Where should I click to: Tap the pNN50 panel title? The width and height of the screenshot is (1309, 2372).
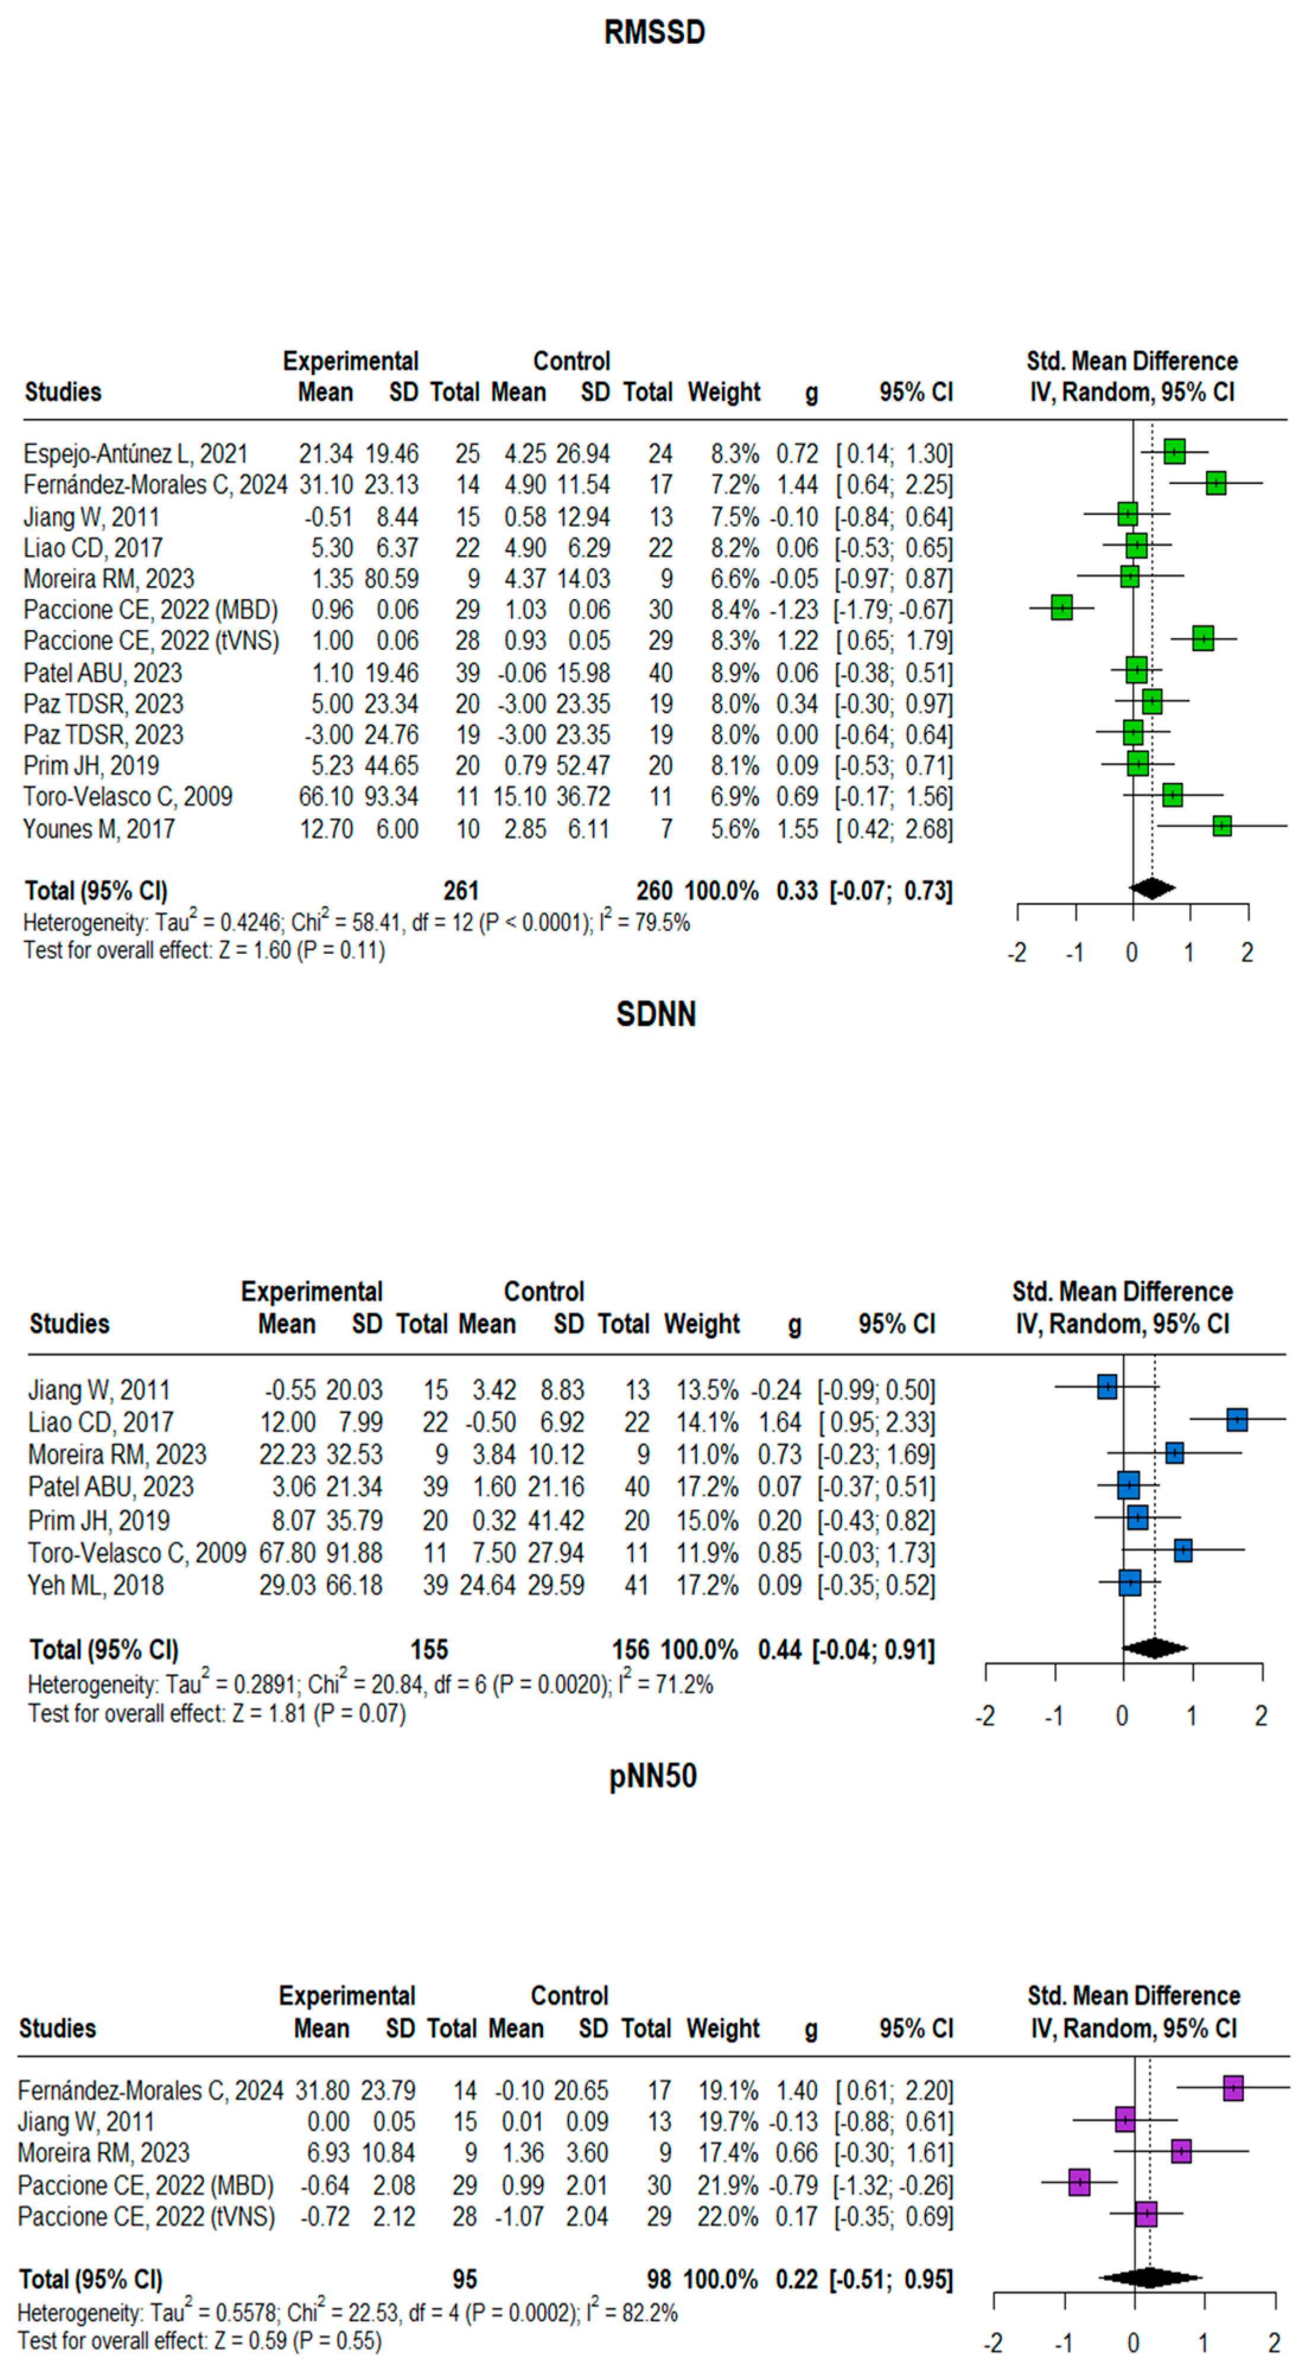[x=653, y=1775]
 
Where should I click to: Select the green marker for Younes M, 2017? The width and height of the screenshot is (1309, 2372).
[x=1221, y=826]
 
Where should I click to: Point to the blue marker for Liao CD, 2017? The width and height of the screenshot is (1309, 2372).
[x=1236, y=1420]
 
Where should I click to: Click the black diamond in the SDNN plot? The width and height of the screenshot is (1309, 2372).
[x=1154, y=1648]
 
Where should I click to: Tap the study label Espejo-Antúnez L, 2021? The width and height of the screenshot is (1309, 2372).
[x=135, y=454]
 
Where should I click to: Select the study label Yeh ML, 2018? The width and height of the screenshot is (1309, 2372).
[x=95, y=1585]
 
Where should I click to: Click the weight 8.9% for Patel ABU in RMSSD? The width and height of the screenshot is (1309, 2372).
[x=735, y=673]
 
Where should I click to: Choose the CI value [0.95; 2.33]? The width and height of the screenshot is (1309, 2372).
[x=876, y=1422]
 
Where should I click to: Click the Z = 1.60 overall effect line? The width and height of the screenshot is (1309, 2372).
[x=205, y=950]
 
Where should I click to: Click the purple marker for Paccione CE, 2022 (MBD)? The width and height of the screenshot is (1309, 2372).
[x=1080, y=2182]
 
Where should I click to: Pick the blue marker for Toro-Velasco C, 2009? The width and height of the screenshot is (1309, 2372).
[x=1183, y=1550]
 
